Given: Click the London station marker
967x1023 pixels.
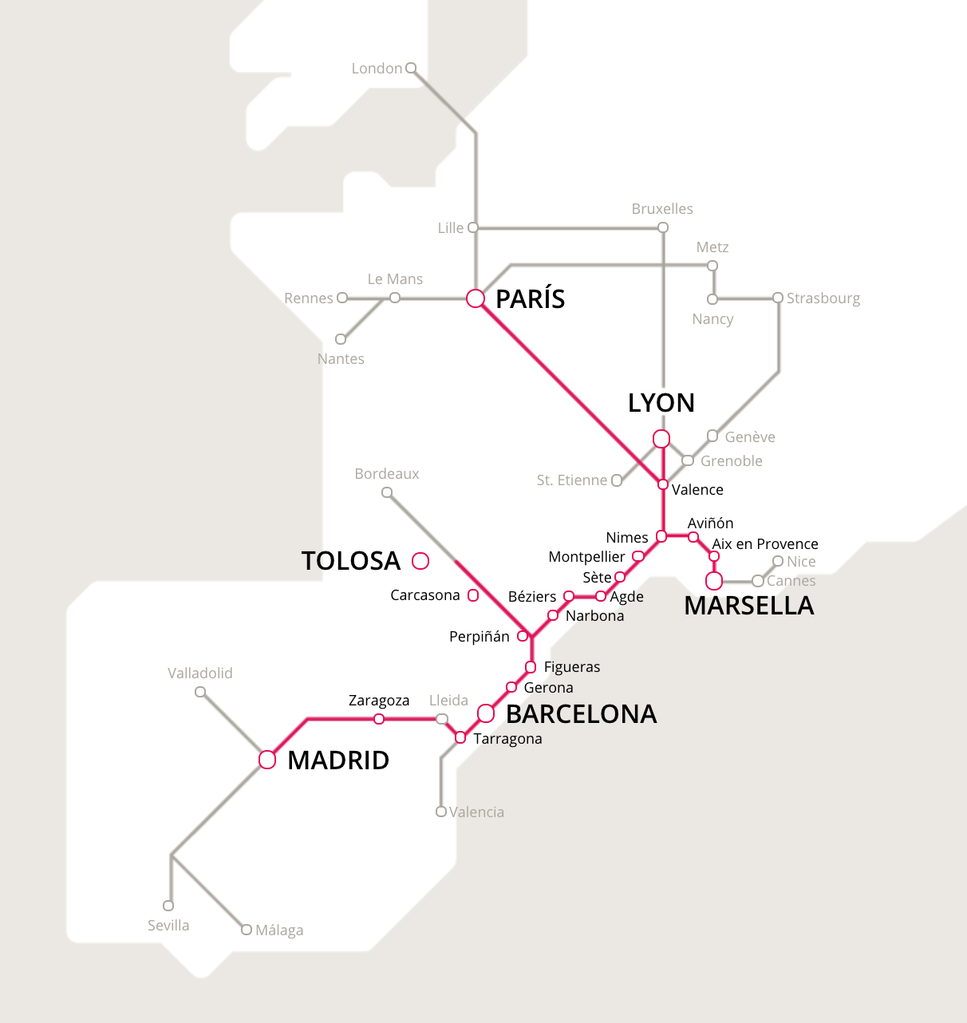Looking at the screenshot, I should (411, 68).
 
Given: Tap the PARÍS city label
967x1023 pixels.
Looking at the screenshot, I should (530, 298).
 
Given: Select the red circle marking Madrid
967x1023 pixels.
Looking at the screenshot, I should (267, 760).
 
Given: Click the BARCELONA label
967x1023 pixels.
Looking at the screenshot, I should (581, 713).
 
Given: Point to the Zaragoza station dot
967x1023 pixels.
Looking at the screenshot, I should (379, 719).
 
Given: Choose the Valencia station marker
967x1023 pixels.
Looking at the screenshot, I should (441, 812).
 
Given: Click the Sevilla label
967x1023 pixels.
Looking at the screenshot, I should (168, 926).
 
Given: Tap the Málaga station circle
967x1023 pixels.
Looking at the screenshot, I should (247, 930).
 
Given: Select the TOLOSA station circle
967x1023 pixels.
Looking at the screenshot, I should (420, 561).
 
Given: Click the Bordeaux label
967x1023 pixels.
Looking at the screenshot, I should (387, 474).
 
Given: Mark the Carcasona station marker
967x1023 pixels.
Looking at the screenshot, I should (473, 595).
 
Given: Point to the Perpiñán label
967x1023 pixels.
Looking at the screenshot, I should (479, 637).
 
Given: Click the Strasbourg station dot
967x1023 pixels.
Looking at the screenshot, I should (778, 298).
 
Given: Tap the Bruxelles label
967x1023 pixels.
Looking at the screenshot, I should (662, 209).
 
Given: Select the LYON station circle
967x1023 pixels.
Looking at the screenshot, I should (661, 439).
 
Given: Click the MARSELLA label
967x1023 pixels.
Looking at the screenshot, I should (748, 606).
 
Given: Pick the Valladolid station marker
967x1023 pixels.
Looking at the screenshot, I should (200, 692).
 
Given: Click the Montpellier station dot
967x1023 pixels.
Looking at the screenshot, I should (638, 556).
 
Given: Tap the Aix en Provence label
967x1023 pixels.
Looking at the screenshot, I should (765, 544).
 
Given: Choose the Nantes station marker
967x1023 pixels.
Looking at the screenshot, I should (341, 339).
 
